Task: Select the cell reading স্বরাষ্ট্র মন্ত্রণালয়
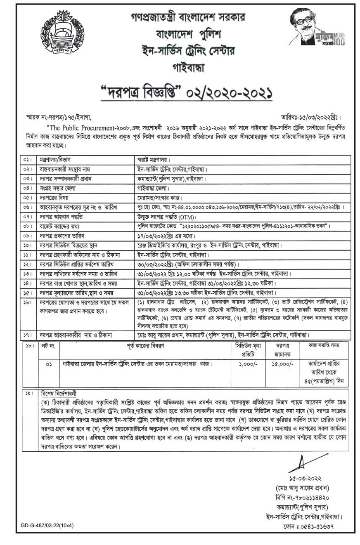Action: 154,159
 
